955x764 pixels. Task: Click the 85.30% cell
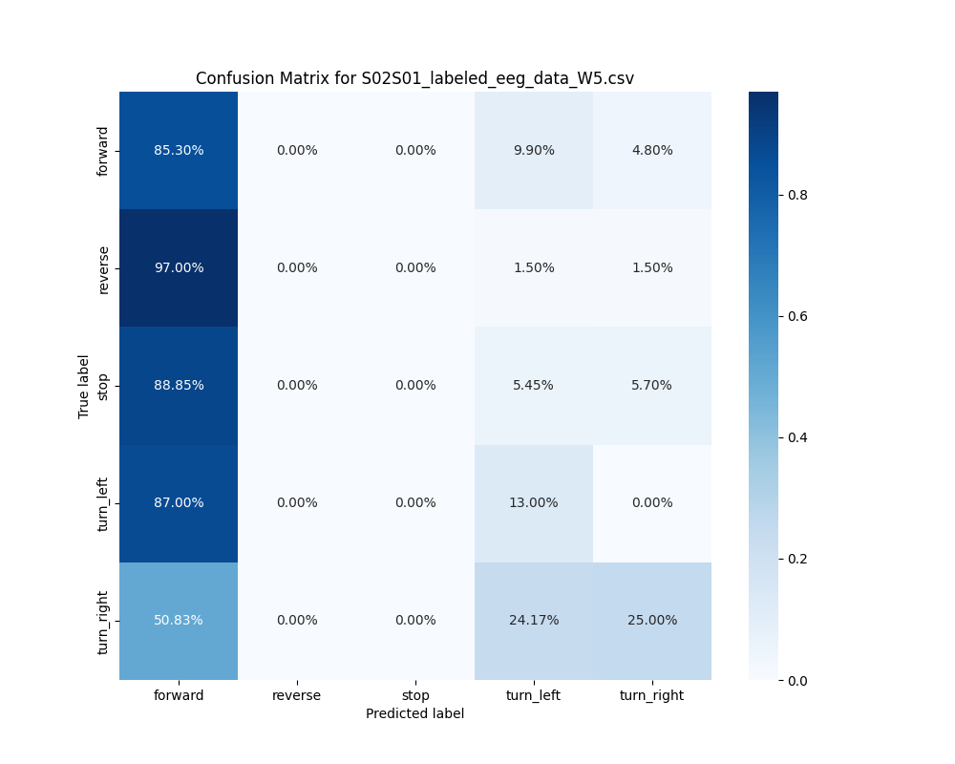click(x=179, y=150)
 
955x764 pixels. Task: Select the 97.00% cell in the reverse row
click(x=179, y=267)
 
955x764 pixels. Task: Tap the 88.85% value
click(x=179, y=385)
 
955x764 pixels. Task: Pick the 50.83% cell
click(x=179, y=620)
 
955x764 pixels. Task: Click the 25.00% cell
click(x=652, y=620)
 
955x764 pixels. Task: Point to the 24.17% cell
click(x=534, y=620)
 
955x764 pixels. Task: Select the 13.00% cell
click(x=534, y=502)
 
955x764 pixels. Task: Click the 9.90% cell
click(x=534, y=150)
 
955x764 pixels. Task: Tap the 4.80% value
click(x=652, y=150)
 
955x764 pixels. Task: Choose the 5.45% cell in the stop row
click(x=534, y=385)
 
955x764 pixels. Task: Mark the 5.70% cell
click(x=652, y=385)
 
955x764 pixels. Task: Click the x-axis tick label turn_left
click(x=534, y=695)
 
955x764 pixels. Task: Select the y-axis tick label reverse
click(x=103, y=268)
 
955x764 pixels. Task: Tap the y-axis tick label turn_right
click(x=103, y=621)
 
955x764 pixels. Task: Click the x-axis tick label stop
click(x=415, y=695)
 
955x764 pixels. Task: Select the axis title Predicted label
click(x=415, y=713)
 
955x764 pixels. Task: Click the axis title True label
click(x=84, y=386)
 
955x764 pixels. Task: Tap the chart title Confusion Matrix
click(x=414, y=78)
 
